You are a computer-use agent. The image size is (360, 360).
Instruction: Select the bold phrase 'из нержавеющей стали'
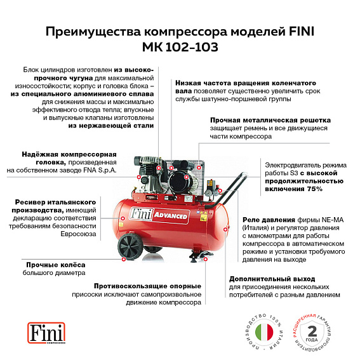tap(111, 126)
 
